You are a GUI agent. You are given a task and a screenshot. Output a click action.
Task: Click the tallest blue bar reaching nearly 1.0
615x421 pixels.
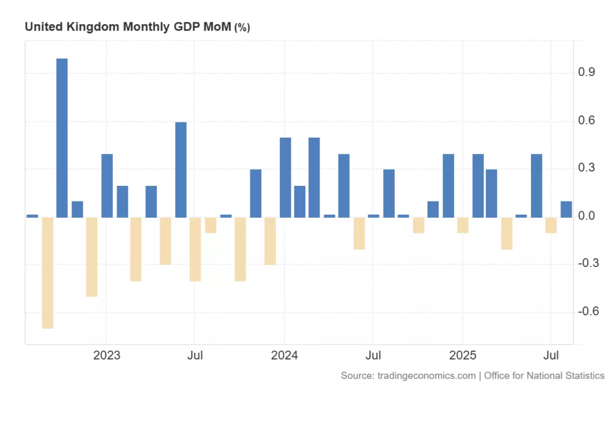(x=62, y=138)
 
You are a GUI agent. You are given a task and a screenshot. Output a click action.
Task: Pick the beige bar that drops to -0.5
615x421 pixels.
(x=91, y=257)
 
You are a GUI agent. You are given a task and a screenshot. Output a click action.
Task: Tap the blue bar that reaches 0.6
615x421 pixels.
(x=181, y=170)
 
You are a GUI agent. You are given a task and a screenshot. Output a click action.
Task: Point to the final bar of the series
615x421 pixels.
(x=566, y=209)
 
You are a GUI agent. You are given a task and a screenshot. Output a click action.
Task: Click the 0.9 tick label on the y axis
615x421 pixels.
(x=587, y=73)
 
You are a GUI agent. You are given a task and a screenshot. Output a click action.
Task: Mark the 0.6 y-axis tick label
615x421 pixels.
(x=587, y=121)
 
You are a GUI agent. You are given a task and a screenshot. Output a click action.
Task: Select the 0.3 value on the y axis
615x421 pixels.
(x=587, y=168)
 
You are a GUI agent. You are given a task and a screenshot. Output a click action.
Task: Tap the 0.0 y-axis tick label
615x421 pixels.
(x=587, y=217)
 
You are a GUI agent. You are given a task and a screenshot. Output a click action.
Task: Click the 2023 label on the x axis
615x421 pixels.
(x=107, y=355)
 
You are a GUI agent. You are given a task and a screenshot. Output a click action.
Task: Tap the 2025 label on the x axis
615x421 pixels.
(x=462, y=355)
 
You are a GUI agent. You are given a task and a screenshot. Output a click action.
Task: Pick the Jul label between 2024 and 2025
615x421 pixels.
(x=373, y=355)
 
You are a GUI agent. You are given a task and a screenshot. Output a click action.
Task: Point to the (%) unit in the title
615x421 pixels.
(x=243, y=28)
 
